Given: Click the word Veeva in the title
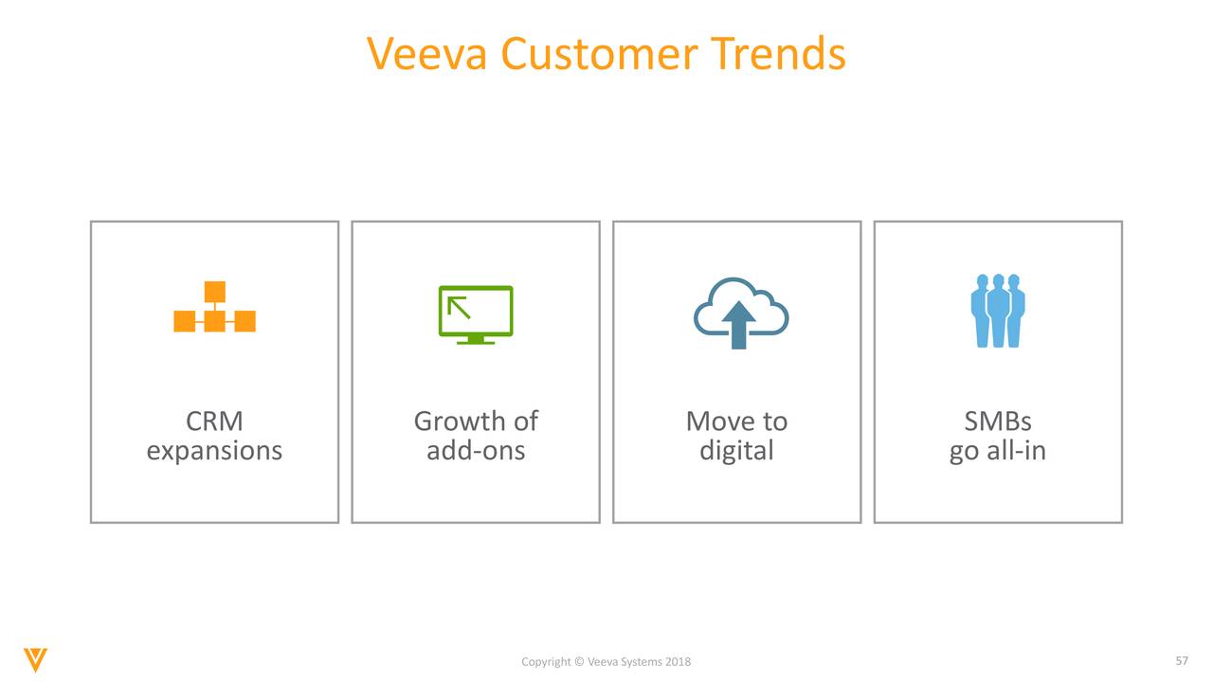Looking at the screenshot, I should pos(427,54).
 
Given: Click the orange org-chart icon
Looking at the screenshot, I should pos(214,308).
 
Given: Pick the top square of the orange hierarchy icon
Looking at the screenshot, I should pos(214,291).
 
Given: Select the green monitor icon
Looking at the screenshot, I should pos(476,314).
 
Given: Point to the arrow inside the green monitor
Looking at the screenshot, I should pos(460,306).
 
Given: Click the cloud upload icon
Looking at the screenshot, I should pos(740,313).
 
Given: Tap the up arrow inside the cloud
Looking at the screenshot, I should pos(739,325).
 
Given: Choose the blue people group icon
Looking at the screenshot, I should pos(998,311).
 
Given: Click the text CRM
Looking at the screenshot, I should pos(214,421).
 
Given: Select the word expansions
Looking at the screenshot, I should pos(214,450).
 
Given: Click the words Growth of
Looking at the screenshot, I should pos(476,421).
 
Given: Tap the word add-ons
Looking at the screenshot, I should pos(476,450).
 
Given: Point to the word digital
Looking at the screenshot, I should pos(736,450).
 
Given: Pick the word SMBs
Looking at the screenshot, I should pos(997,421).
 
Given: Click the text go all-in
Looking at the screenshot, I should pos(997,450).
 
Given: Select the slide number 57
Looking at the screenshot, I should pos(1181,659).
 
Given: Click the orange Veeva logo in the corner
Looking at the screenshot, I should pos(36,659).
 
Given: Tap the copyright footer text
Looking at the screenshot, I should pos(606,661).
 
